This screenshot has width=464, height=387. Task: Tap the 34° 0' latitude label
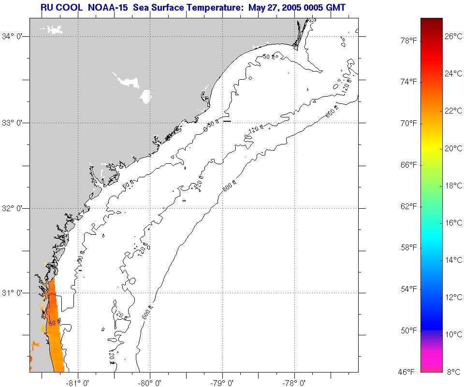pyautogui.click(x=14, y=36)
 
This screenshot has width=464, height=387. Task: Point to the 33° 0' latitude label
pyautogui.click(x=14, y=123)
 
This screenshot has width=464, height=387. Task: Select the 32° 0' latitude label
pyautogui.click(x=14, y=208)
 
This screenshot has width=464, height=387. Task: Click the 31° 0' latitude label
pyautogui.click(x=14, y=293)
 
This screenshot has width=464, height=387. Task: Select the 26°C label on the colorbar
pyautogui.click(x=453, y=36)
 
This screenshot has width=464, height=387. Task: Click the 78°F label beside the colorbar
pyautogui.click(x=407, y=41)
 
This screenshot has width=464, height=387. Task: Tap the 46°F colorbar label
pyautogui.click(x=407, y=372)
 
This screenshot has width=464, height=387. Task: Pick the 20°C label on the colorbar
pyautogui.click(x=453, y=148)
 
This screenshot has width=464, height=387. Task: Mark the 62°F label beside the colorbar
pyautogui.click(x=407, y=206)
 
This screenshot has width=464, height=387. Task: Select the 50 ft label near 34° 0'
pyautogui.click(x=268, y=57)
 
